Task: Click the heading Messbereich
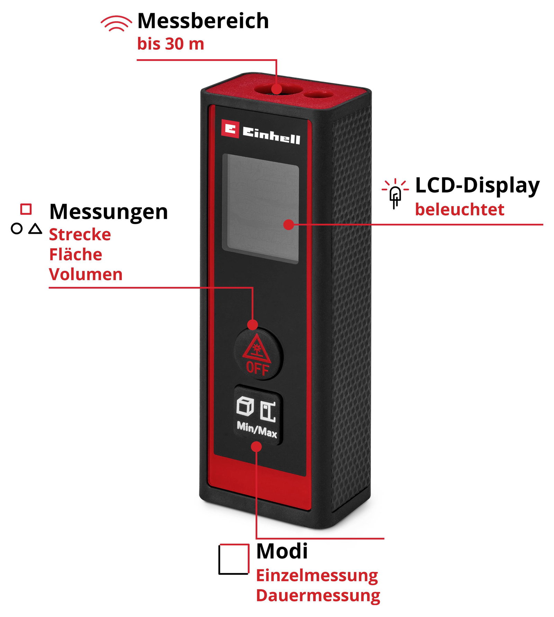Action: point(203,21)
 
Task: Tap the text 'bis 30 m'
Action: point(171,44)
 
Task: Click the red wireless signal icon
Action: point(116,23)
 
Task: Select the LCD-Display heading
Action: point(477,186)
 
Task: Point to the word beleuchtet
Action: point(460,210)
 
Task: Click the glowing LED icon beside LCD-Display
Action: point(395,193)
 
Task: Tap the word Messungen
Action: point(109,212)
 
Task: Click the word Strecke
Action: point(80,234)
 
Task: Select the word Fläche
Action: point(76,254)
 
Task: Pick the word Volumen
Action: point(86,274)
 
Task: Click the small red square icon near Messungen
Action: point(26,209)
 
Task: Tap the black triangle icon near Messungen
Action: point(35,229)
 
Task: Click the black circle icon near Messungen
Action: point(17,229)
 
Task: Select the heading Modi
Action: point(282,551)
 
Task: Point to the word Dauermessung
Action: point(318,596)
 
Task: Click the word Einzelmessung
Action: point(317,576)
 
